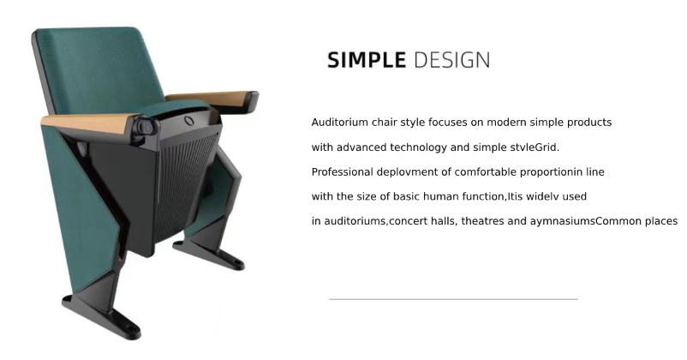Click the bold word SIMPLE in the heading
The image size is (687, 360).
[366, 60]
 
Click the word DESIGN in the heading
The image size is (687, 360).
[451, 60]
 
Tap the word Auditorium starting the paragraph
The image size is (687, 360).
[339, 123]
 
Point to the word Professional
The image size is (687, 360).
[343, 171]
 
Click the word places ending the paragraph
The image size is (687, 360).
[660, 221]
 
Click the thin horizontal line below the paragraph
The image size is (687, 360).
[453, 299]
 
